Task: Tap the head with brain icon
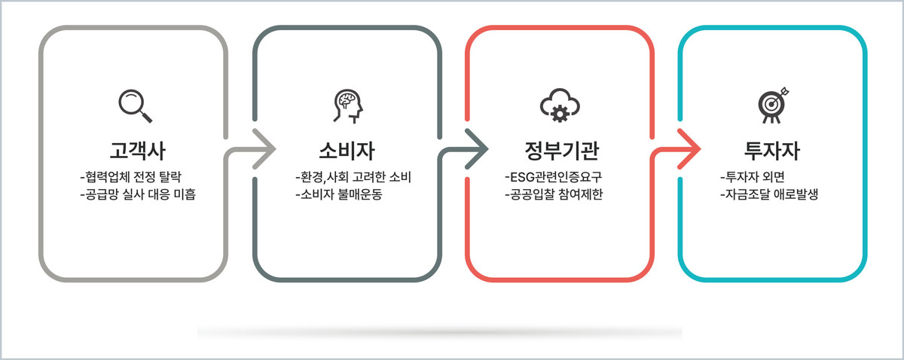coord(348,106)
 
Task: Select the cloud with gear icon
coord(560,105)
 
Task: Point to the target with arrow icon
coord(773,105)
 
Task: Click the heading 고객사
coord(138,151)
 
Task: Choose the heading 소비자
coord(347,151)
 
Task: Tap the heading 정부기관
coord(562,151)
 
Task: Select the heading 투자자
coord(772,151)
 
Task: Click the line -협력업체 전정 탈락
coord(131,177)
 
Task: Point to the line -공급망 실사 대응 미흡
coord(138,194)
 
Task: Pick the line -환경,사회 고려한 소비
coord(353,177)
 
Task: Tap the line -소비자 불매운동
coord(338,194)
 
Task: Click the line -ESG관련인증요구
coord(553,177)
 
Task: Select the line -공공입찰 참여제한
coord(554,194)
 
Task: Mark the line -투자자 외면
coord(753,177)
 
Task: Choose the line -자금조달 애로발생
coord(769,194)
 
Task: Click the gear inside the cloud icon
coord(560,114)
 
